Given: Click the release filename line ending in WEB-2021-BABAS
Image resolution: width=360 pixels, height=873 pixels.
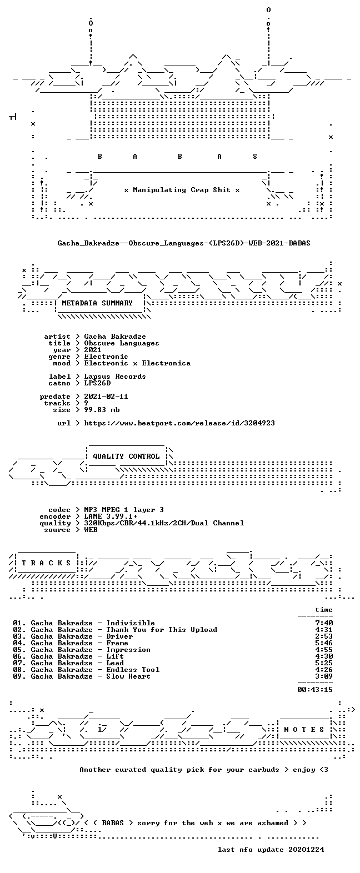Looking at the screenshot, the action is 184,243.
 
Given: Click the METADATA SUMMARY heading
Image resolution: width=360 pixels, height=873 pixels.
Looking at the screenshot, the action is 97,303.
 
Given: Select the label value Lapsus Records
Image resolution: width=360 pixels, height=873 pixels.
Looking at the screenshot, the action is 115,377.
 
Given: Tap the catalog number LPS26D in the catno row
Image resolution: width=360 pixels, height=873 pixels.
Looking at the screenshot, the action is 98,383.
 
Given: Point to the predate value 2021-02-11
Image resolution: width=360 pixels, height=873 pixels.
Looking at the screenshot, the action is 106,397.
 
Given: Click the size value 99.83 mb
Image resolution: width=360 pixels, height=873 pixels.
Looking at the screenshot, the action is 102,410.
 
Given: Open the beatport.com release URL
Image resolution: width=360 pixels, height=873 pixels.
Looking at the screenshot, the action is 179,423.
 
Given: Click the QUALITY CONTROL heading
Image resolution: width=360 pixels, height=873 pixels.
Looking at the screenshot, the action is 126,456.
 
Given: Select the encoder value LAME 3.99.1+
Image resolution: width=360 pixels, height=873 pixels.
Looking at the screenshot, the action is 111,516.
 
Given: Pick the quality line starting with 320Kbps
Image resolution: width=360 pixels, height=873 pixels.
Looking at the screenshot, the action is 164,523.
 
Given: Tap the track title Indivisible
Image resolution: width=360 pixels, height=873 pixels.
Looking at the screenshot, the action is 131,623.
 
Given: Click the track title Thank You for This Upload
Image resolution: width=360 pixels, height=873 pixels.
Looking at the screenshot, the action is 162,630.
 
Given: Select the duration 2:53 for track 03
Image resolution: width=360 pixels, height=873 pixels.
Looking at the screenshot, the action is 324,636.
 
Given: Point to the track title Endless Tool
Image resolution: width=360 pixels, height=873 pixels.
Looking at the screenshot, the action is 133,670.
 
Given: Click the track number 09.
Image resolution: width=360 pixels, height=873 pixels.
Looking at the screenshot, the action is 18,676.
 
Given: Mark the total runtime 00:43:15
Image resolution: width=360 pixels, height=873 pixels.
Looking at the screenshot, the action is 315,689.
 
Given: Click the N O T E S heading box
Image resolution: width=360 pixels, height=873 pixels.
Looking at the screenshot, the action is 304,729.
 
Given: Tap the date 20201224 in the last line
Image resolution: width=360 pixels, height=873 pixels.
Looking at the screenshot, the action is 306,849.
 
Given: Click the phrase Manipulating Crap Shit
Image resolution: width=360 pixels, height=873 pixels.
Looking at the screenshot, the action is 181,190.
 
